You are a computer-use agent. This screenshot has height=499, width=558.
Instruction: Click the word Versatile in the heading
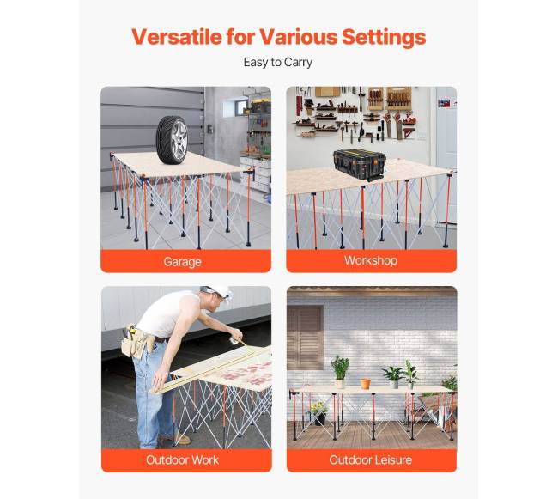click(x=177, y=37)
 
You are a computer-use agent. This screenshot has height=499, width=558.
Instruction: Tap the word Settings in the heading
click(x=384, y=38)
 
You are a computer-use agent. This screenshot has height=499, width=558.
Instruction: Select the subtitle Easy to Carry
click(x=278, y=63)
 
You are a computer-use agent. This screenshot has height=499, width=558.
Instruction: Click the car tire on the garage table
click(x=172, y=139)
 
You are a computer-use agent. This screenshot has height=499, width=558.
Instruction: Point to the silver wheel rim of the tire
click(x=179, y=139)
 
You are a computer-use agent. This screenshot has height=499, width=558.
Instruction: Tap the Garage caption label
click(x=183, y=262)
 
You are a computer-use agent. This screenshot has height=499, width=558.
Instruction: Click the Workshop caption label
click(x=371, y=260)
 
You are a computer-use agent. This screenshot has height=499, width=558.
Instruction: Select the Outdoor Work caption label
click(x=182, y=459)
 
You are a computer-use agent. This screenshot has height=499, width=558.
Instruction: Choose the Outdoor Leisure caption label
click(x=371, y=459)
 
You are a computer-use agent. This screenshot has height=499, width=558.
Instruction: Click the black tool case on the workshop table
click(x=360, y=165)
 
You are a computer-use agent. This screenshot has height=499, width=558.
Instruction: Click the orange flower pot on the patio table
click(x=365, y=384)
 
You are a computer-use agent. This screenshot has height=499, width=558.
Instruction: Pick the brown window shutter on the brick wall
click(x=306, y=338)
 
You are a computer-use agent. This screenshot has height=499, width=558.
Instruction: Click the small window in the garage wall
click(x=236, y=107)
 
